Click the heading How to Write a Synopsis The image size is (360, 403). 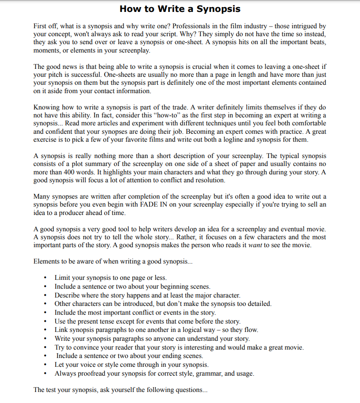pyautogui.click(x=180, y=9)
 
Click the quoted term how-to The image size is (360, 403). pyautogui.click(x=172, y=116)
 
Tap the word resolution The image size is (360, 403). pyautogui.click(x=209, y=180)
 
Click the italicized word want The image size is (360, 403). pyautogui.click(x=255, y=245)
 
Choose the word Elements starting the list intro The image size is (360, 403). pyautogui.click(x=47, y=261)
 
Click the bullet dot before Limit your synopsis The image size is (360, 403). pyautogui.click(x=46, y=278)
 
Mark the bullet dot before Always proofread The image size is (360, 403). pyautogui.click(x=46, y=373)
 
